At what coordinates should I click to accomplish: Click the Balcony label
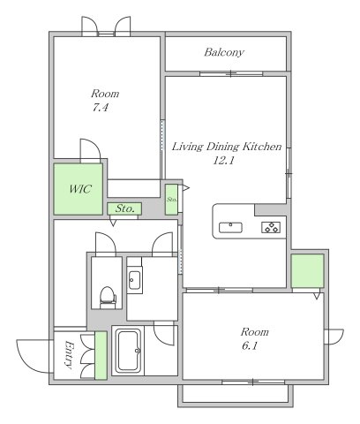point(224,52)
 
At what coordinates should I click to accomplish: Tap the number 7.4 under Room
point(101,108)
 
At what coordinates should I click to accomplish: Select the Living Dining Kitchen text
point(227,147)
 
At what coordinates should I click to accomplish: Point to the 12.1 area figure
point(223,161)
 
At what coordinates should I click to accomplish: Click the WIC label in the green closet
point(80,189)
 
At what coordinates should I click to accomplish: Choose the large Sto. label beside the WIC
point(124,208)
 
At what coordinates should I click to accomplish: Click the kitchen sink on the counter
point(230,228)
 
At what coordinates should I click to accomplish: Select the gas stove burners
point(271,227)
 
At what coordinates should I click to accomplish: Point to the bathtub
point(128,351)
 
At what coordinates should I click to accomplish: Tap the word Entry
point(69,355)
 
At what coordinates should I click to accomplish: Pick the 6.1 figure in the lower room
point(250,345)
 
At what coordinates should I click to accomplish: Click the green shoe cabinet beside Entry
point(101,355)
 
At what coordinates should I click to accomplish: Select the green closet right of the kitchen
point(307,271)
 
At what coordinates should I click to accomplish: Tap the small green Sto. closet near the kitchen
point(171,200)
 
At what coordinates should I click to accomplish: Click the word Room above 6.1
point(254,332)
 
